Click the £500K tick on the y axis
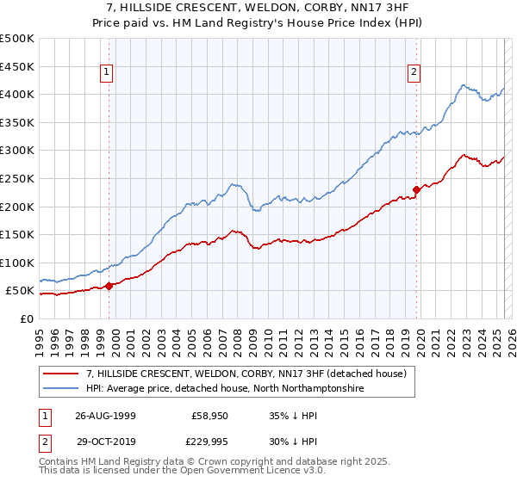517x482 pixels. pos(16,39)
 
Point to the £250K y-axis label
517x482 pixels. pos(16,178)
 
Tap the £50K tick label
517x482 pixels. pos(19,291)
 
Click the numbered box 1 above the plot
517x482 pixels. pos(107,73)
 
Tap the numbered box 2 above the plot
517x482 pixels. pos(414,73)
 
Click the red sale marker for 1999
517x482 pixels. pos(109,286)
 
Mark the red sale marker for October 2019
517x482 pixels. pos(416,189)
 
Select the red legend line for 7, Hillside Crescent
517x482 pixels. pos(61,374)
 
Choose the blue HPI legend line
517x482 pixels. pos(61,389)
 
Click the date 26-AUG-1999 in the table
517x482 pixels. pos(105,415)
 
